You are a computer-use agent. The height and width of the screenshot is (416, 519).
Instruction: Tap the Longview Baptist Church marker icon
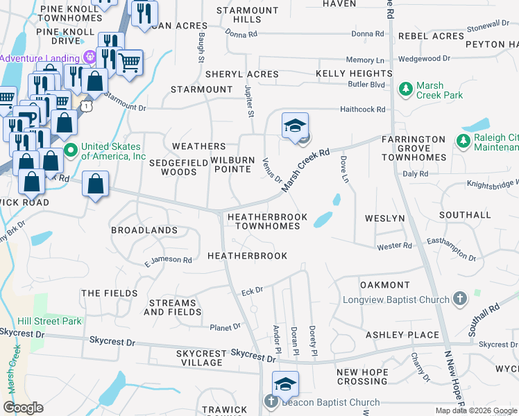[459, 300]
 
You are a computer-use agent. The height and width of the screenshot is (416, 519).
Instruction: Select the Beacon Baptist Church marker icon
[271, 402]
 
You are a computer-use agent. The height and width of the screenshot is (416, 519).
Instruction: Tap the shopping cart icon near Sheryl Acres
[130, 62]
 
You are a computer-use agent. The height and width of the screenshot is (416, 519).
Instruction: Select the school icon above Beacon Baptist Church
[284, 383]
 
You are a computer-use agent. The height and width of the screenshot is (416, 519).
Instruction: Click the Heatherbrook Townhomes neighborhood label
[266, 221]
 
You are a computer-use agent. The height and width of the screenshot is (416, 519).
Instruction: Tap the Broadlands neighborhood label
[144, 229]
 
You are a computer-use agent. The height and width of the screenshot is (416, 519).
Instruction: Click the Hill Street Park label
[49, 321]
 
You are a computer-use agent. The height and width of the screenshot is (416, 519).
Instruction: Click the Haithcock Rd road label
[364, 109]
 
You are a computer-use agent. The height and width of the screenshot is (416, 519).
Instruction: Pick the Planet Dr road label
[226, 326]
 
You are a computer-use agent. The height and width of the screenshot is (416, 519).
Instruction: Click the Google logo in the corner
[23, 408]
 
